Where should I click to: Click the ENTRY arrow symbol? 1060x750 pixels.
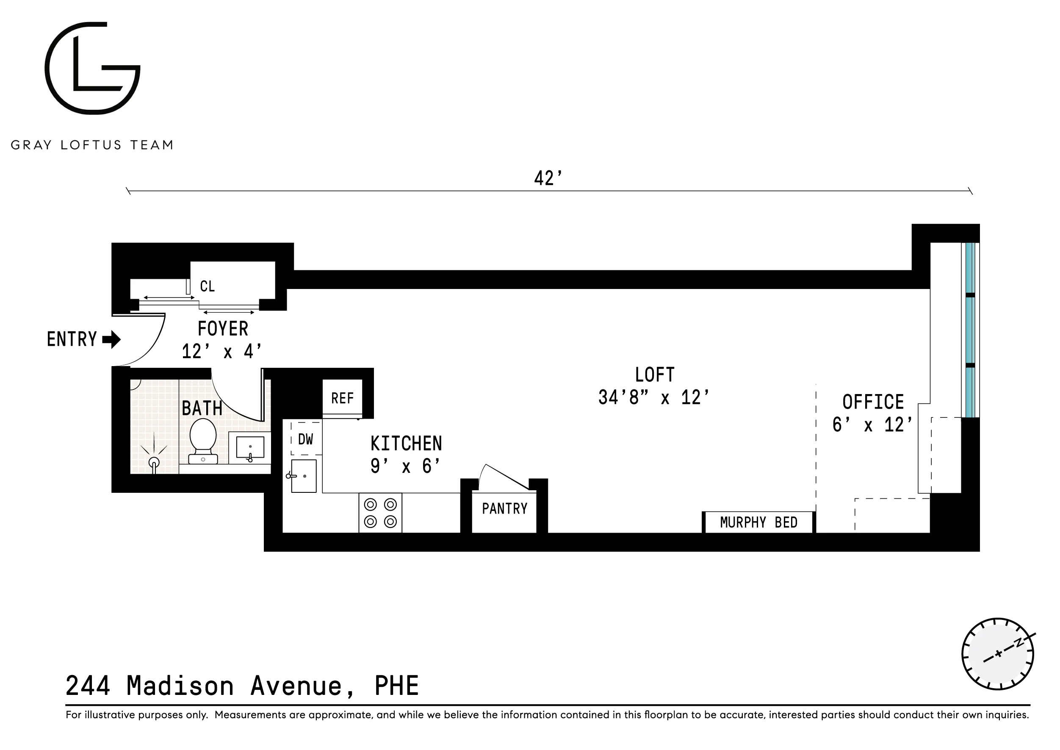(112, 339)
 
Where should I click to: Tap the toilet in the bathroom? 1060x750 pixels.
(203, 440)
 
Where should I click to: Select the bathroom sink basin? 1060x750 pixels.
(250, 447)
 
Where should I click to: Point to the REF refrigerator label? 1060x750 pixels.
(342, 398)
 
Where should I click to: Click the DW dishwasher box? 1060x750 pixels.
(306, 439)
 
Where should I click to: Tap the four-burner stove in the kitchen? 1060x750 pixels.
(380, 513)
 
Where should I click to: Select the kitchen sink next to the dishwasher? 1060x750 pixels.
(304, 476)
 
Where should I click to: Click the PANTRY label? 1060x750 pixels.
(504, 509)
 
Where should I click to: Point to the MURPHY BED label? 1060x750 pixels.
(758, 522)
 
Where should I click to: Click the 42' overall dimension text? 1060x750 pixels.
(548, 179)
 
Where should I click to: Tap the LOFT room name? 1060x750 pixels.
(654, 375)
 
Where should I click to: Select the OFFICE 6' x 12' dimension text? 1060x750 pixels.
(872, 425)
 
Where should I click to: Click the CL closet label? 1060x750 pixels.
(207, 286)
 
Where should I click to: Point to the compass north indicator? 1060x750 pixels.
(1018, 643)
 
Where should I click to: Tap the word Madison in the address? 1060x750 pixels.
(180, 686)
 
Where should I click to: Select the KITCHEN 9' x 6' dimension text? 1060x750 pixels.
(405, 467)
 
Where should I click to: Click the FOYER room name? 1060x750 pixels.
(223, 329)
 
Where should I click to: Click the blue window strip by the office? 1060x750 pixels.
(971, 330)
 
